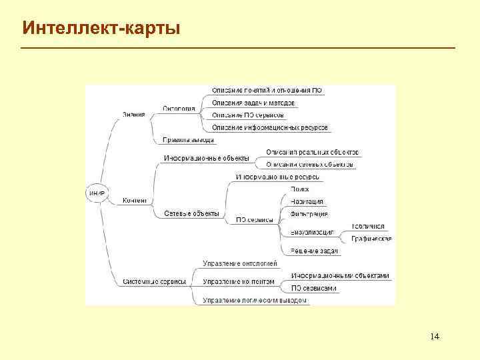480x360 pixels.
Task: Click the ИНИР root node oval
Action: tap(96, 193)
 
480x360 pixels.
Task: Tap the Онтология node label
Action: tap(179, 109)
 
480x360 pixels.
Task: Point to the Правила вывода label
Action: tap(188, 140)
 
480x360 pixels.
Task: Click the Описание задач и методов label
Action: tap(253, 103)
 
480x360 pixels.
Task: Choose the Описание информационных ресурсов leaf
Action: tap(269, 127)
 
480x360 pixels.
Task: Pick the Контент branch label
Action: tap(135, 200)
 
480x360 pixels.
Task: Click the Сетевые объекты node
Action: tap(191, 213)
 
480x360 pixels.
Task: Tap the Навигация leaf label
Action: tap(307, 201)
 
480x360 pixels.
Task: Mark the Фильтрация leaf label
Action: tap(309, 214)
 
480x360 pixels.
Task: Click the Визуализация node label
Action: tap(312, 232)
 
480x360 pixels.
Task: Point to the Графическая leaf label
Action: tap(371, 239)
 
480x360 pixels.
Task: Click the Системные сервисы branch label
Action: tap(154, 281)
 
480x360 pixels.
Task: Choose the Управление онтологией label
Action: tap(239, 263)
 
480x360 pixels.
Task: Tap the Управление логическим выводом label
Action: tap(255, 300)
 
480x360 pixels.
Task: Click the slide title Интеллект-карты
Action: tap(101, 28)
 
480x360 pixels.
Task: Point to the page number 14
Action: tap(434, 335)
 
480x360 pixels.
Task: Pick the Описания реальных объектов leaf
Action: tap(312, 152)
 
